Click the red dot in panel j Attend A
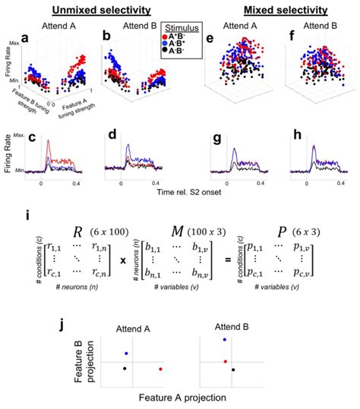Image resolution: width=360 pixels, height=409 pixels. tap(160, 369)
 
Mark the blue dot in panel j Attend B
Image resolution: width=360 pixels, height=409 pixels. tap(223, 340)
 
